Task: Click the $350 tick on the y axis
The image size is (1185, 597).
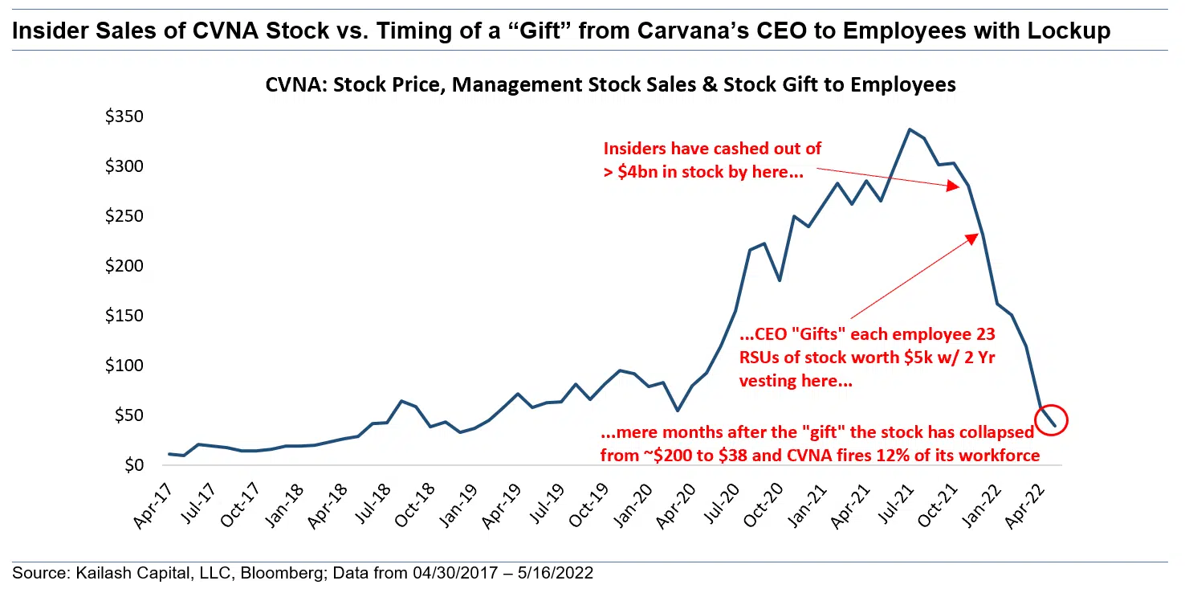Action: (124, 117)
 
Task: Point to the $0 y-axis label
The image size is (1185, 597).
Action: (132, 466)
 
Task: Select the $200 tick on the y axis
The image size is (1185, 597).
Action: (124, 267)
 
